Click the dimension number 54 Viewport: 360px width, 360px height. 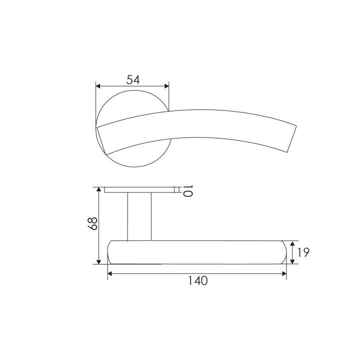tap(133, 79)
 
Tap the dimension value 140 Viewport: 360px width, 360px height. tap(198, 280)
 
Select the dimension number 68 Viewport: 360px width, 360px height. tap(92, 223)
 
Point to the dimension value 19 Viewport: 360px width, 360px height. tap(303, 252)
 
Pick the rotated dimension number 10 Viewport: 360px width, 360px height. tap(187, 191)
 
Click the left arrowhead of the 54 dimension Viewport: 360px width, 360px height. tap(98, 86)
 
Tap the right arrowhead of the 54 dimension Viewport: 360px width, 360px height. tap(166, 86)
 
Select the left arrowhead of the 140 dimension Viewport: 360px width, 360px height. tap(110, 273)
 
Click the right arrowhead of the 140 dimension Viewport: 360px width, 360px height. tap(284, 273)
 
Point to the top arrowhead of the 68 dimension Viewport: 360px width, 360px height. tap(98, 189)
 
